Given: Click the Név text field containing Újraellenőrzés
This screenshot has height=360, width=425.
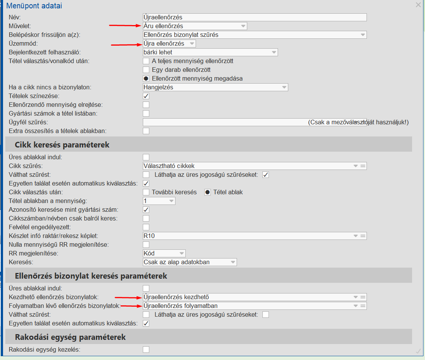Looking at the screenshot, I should [x=254, y=17].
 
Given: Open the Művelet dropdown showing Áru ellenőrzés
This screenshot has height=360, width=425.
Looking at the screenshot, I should [x=195, y=26].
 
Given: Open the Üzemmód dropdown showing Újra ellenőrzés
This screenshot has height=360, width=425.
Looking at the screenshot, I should [x=169, y=43].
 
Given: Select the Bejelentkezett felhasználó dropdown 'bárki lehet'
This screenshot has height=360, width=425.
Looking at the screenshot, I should [x=210, y=52].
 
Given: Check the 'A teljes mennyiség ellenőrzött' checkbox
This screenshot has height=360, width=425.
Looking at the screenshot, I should [x=146, y=61].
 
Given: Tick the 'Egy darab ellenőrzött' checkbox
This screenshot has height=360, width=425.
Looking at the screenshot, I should [x=146, y=70].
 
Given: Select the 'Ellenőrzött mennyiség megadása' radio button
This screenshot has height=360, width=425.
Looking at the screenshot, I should [x=146, y=78].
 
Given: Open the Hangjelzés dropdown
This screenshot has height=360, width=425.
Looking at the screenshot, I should [x=215, y=87].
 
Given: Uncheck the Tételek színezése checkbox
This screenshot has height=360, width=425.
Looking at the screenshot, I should [x=146, y=96].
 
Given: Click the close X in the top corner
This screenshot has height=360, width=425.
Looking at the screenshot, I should [x=418, y=5].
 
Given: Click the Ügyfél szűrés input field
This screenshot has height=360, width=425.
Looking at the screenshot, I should [x=224, y=122].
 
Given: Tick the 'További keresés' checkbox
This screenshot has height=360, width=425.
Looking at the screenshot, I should [x=146, y=192].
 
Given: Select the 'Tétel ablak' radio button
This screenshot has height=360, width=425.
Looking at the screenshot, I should [x=208, y=192].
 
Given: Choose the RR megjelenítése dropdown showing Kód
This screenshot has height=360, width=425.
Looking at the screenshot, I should [x=164, y=253].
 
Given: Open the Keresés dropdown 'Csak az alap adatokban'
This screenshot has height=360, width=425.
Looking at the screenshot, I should [x=190, y=262].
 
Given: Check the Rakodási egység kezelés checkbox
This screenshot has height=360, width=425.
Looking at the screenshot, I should [x=146, y=349].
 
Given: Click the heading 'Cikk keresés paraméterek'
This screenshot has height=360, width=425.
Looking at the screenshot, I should [x=62, y=145].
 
